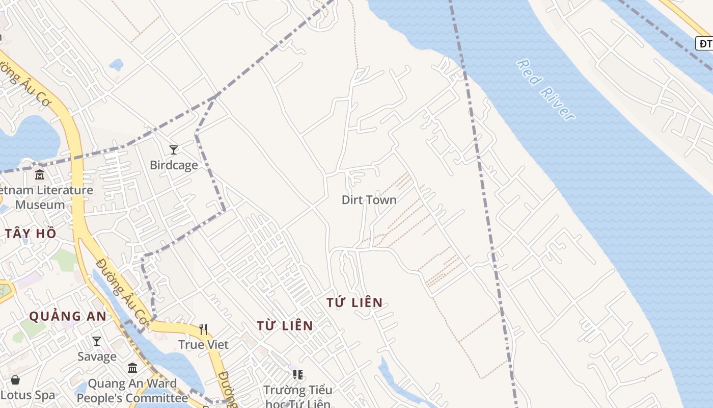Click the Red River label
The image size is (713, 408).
pos(545,90)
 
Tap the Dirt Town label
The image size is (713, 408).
pos(369,199)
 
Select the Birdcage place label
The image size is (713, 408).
pos(174,165)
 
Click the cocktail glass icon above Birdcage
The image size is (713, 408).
pos(174,149)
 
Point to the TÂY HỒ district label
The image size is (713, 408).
pos(31,234)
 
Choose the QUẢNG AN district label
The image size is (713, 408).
pos(68,316)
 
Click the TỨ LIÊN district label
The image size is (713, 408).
pos(354,302)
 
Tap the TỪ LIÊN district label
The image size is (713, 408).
pos(285,325)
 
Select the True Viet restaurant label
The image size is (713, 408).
pos(203,344)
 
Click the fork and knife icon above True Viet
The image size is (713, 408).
pos(203,329)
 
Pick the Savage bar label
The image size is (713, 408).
pos(97,356)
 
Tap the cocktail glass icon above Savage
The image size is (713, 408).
pos(97,341)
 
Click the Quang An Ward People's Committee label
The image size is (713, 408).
pos(132,391)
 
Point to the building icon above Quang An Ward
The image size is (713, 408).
pos(132,368)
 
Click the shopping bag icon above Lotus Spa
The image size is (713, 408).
pos(15,380)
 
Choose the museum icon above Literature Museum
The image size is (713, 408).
pos(40,175)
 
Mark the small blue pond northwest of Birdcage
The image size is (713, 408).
pos(117,65)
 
